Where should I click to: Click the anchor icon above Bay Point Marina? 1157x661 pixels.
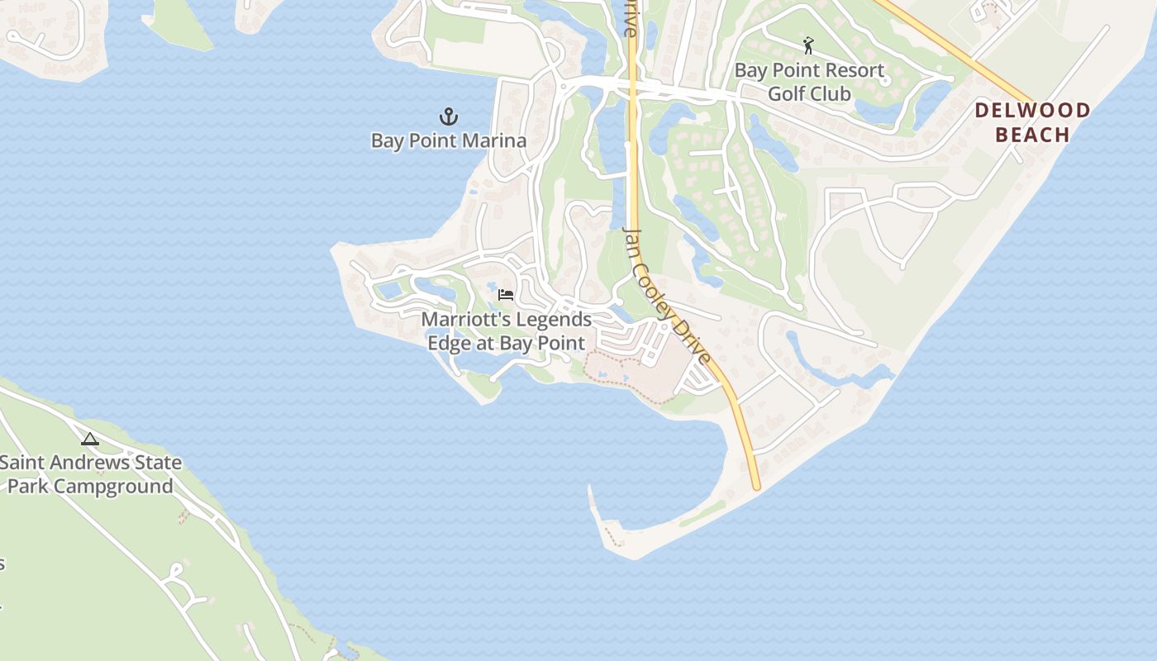pyautogui.click(x=448, y=117)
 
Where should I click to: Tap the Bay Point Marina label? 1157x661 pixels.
pyautogui.click(x=448, y=140)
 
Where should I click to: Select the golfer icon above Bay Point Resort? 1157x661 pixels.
pyautogui.click(x=808, y=45)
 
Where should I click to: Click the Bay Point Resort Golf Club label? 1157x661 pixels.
pyautogui.click(x=809, y=82)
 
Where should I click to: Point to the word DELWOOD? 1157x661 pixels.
pyautogui.click(x=1032, y=110)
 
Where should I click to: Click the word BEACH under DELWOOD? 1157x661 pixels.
pyautogui.click(x=1032, y=135)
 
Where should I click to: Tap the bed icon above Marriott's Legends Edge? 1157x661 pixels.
pyautogui.click(x=506, y=294)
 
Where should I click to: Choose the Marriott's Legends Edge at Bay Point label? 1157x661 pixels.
pyautogui.click(x=507, y=330)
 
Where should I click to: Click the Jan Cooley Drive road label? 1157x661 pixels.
pyautogui.click(x=666, y=296)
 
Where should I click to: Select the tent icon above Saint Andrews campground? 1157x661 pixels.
pyautogui.click(x=90, y=439)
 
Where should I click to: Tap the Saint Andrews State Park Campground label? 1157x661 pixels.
pyautogui.click(x=90, y=473)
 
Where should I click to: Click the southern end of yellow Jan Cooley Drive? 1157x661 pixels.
pyautogui.click(x=755, y=486)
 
